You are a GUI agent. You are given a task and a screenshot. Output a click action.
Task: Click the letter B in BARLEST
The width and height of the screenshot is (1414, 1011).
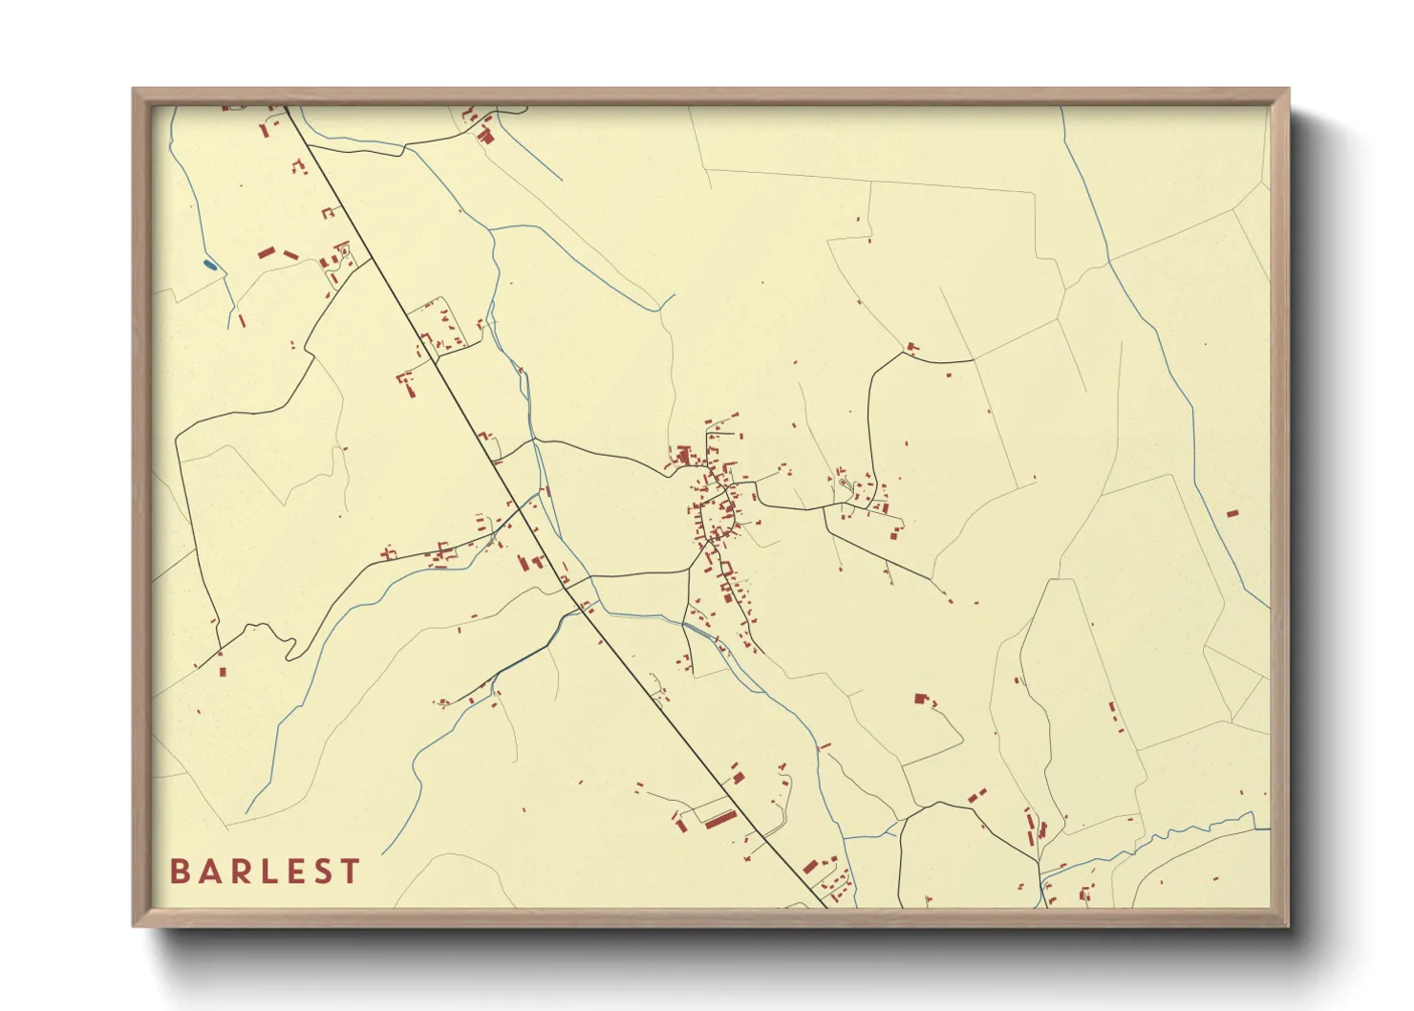(179, 871)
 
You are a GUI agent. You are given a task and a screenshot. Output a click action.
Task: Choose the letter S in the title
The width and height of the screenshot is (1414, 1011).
(322, 871)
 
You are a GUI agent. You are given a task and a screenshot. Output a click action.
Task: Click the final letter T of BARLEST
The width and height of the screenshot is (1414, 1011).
(351, 871)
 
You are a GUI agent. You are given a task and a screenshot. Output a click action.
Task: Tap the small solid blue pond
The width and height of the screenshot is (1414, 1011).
(210, 265)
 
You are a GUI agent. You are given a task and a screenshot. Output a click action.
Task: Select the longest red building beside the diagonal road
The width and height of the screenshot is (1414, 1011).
(720, 819)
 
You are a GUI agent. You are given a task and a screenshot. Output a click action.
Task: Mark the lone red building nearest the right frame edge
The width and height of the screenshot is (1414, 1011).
(1232, 514)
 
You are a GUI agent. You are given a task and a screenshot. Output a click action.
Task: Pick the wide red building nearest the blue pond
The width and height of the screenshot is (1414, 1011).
(267, 253)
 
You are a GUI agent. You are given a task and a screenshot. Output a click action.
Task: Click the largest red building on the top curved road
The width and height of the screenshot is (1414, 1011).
(485, 136)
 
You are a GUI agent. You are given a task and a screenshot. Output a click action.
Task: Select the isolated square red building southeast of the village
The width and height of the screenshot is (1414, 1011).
(921, 699)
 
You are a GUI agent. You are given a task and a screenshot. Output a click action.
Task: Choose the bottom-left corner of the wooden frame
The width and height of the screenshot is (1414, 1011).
(135, 925)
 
